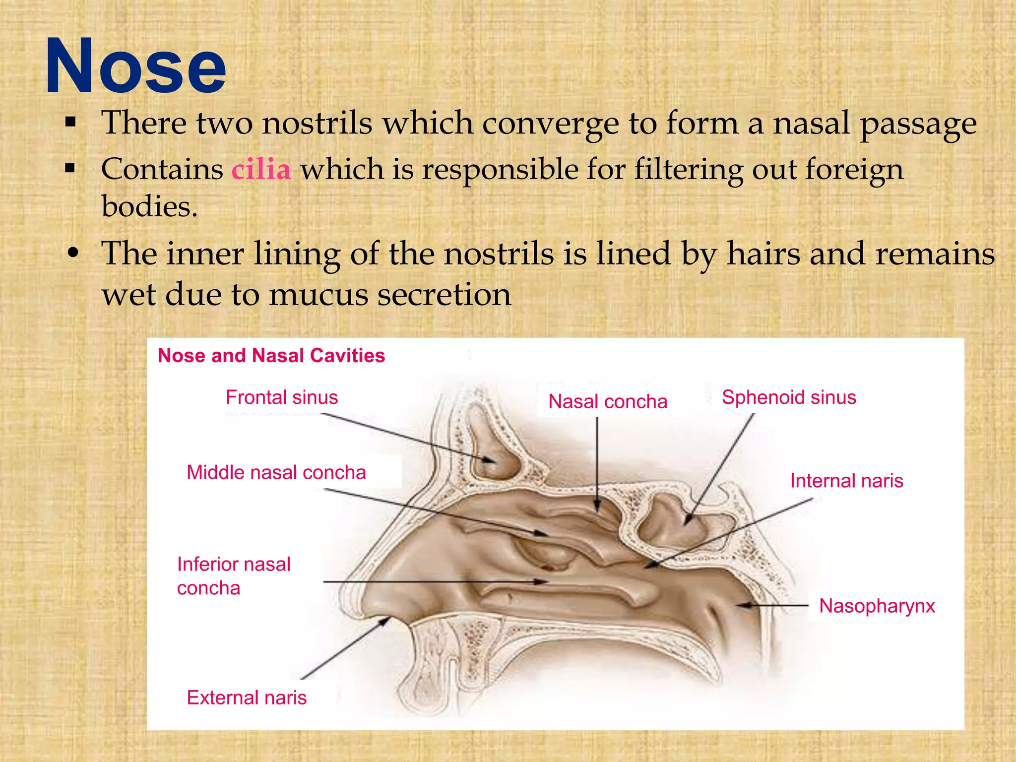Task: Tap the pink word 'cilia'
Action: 261,169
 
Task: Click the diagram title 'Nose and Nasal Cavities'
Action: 271,356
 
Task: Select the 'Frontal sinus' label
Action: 282,397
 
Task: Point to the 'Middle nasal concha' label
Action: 276,472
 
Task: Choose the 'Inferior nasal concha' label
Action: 234,576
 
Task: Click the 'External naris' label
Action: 247,698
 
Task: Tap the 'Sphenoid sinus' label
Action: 789,397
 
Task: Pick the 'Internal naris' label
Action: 846,481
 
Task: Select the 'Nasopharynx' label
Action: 877,606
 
